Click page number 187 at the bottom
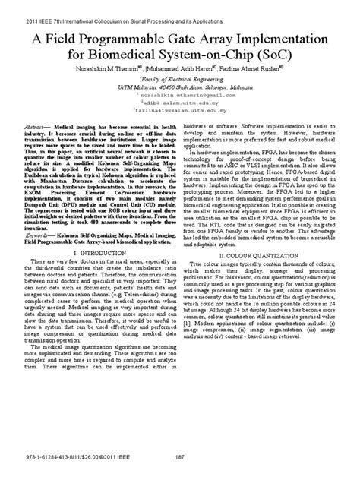[x=180, y=457]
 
